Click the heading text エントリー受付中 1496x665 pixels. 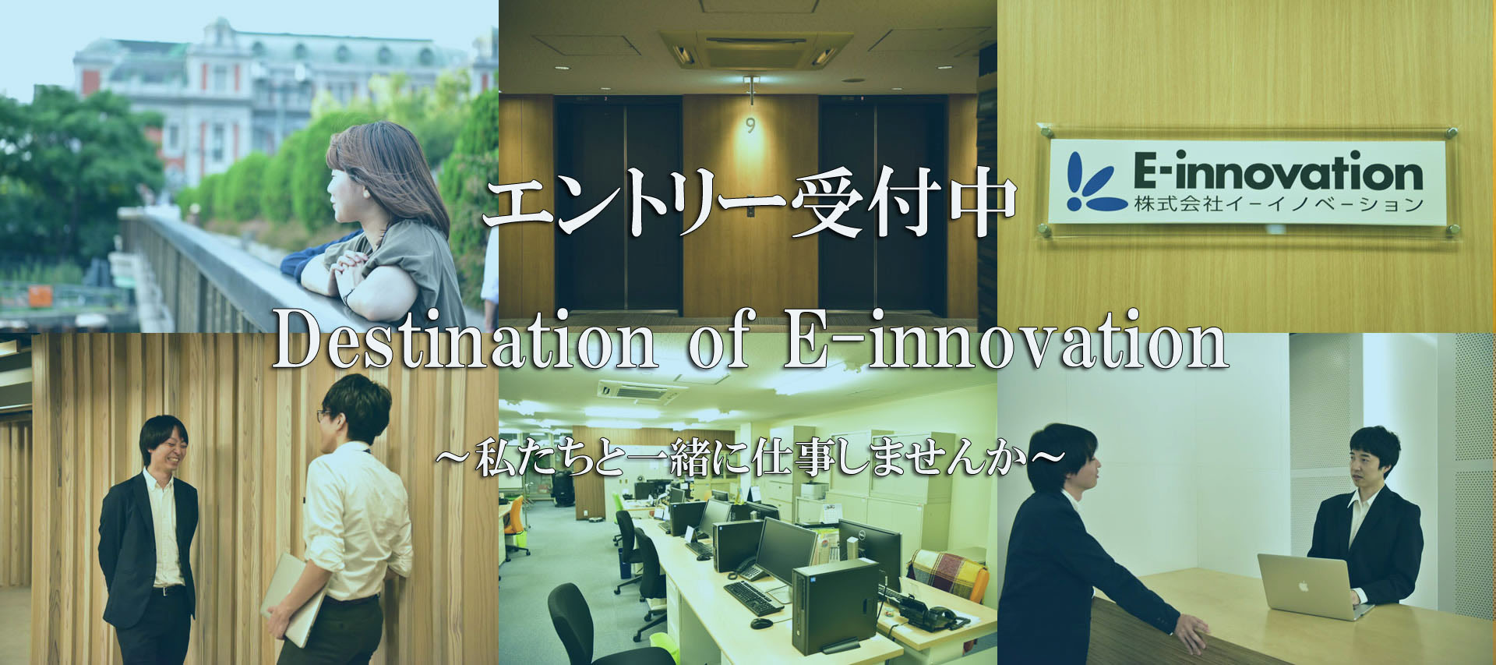pos(750,204)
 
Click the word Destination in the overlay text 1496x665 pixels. pos(464,341)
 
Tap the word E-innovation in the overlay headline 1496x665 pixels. pos(1005,341)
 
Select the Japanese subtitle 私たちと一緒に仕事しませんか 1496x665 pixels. pos(750,459)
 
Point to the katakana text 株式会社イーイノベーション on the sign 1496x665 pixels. pos(1279,205)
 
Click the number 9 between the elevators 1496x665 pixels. pos(750,125)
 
